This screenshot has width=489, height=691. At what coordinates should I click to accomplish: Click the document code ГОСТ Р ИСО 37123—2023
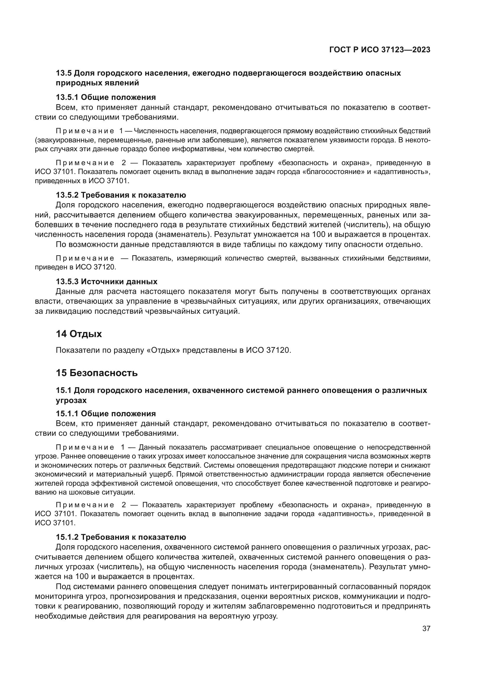tap(380, 50)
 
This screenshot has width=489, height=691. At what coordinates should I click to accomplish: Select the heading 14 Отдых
tap(79, 334)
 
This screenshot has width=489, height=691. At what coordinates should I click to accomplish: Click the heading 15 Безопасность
tap(97, 373)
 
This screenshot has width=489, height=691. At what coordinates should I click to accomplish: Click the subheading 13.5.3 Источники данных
tap(107, 282)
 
